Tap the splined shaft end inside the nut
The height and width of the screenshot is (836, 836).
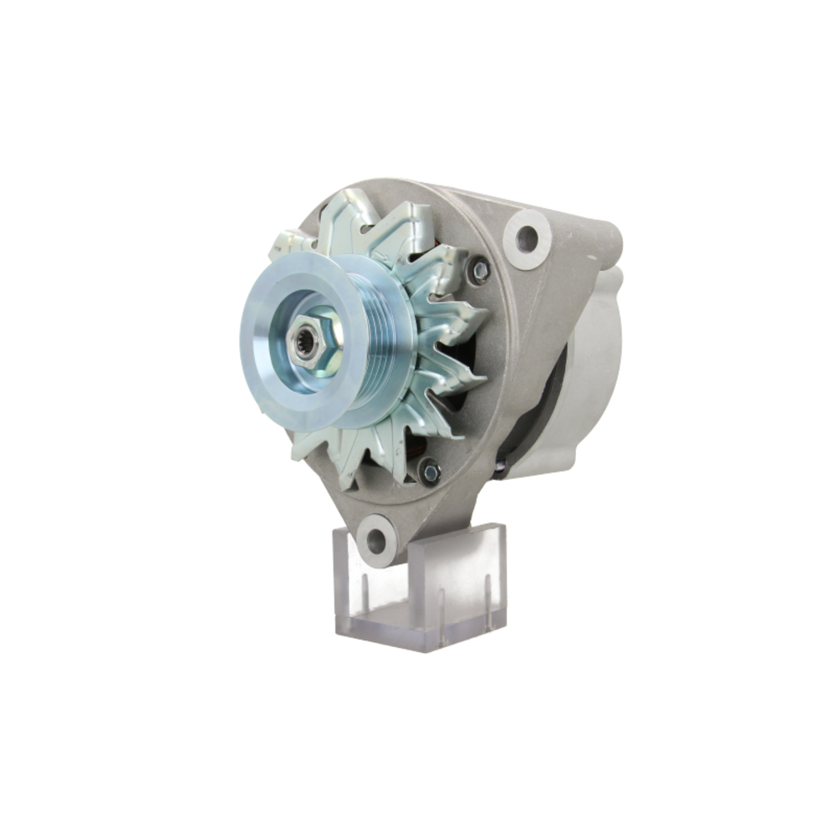(x=304, y=341)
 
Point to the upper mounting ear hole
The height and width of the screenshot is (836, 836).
(x=527, y=238)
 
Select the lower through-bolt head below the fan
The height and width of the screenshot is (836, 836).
(x=430, y=472)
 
